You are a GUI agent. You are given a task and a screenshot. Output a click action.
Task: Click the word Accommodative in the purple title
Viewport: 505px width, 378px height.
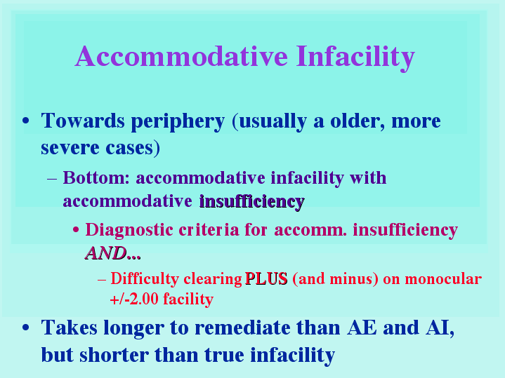point(181,56)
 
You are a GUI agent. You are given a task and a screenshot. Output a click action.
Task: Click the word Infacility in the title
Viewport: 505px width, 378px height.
point(355,58)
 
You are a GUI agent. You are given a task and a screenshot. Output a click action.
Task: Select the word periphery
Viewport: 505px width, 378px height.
point(178,122)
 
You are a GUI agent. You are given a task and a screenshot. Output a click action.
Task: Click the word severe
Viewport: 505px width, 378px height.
point(70,148)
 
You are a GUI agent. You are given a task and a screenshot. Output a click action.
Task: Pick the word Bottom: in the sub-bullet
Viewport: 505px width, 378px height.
point(96,177)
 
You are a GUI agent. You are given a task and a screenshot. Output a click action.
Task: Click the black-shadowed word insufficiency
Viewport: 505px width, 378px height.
point(252,202)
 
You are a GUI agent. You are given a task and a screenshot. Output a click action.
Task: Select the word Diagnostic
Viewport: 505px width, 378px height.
point(129,230)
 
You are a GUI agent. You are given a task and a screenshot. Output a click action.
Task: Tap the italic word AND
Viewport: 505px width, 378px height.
point(105,253)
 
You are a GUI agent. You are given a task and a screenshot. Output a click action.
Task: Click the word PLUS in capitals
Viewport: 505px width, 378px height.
point(266,278)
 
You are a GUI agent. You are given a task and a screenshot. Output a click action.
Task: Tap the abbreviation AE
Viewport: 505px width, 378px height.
point(362,328)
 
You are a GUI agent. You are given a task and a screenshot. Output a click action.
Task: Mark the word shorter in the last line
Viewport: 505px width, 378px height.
point(114,355)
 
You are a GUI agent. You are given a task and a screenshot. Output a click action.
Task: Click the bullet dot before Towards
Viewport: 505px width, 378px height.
point(26,121)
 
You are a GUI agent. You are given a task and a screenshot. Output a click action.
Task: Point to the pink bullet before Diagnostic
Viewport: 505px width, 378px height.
point(76,230)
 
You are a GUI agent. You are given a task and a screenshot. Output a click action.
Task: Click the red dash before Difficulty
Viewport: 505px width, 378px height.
point(102,280)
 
